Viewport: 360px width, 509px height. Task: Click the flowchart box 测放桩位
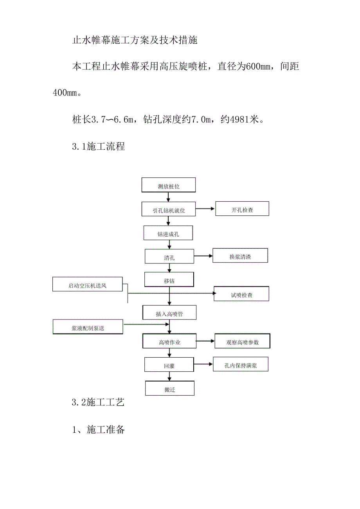[169, 186]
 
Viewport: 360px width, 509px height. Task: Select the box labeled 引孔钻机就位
[169, 210]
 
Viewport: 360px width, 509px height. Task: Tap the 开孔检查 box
[242, 209]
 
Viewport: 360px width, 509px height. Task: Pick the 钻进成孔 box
[169, 233]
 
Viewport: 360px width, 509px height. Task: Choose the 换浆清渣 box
[240, 256]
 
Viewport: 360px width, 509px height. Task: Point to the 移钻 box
[169, 280]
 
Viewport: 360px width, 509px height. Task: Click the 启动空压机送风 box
[87, 285]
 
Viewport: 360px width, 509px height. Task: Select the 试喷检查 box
[241, 294]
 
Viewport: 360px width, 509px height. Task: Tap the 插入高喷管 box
[169, 313]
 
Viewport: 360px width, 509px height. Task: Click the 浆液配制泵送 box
[88, 327]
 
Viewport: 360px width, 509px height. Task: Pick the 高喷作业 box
[169, 342]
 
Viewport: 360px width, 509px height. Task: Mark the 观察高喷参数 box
[242, 341]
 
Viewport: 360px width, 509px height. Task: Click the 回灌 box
[169, 366]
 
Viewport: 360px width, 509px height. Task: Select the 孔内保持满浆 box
[240, 365]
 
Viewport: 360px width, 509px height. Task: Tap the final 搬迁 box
[169, 389]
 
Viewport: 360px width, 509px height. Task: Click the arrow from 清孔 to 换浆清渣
[203, 256]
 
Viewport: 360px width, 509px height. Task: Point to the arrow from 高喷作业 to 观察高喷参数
[205, 341]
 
